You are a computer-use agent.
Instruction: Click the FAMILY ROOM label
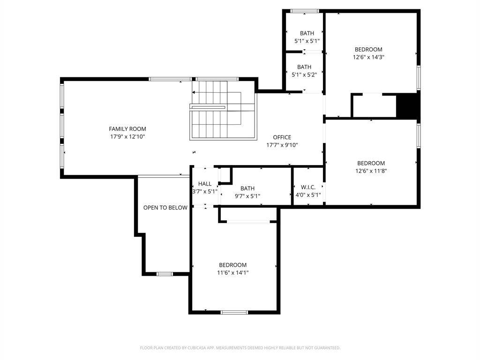pos(127,129)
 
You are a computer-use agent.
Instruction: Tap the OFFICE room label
pos(282,137)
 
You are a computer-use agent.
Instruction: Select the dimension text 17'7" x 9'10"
pos(282,145)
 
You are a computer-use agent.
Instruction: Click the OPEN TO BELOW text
pos(165,208)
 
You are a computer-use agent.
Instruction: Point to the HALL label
pos(205,184)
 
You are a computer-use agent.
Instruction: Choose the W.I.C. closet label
pos(308,187)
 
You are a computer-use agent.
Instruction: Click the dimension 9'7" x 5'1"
pos(247,196)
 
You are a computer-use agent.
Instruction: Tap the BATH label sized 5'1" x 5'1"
pos(307,33)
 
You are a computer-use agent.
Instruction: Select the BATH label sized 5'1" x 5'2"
pos(304,67)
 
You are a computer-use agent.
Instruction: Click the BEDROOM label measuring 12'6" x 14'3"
pos(368,50)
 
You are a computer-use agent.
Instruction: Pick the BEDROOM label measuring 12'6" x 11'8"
pos(371,164)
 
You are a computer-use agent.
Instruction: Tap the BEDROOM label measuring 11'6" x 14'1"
pos(232,265)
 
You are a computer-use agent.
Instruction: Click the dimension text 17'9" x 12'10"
pos(127,137)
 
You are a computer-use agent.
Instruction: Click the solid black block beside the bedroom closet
pos(407,105)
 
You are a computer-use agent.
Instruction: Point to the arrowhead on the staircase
pos(194,92)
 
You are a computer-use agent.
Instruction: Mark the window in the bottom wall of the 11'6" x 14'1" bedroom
pos(234,312)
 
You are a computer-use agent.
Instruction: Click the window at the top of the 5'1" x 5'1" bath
pos(305,11)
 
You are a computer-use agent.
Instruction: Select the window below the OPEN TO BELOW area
pos(165,274)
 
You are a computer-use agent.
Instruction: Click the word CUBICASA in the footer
pos(196,348)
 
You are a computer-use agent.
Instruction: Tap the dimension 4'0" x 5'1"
pos(308,195)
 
